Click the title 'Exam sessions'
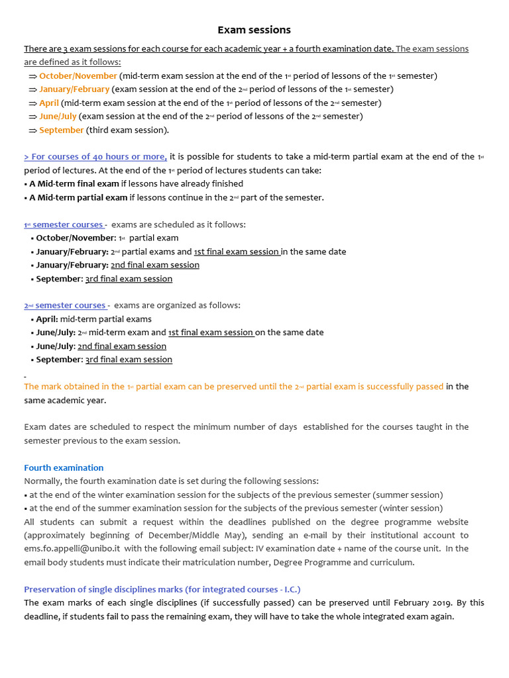click(x=254, y=30)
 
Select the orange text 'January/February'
click(x=74, y=89)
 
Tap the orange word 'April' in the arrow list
click(x=49, y=103)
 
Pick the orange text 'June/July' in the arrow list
click(x=58, y=117)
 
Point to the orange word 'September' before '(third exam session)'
click(x=61, y=130)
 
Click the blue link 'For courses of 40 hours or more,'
click(x=95, y=157)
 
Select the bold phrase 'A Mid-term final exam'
click(x=74, y=184)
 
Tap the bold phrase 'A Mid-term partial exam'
click(x=78, y=197)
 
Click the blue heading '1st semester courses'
click(x=64, y=224)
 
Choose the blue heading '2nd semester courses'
click(x=65, y=305)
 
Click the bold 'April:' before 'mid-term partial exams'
click(x=47, y=319)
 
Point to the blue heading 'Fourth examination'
click(x=64, y=467)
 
